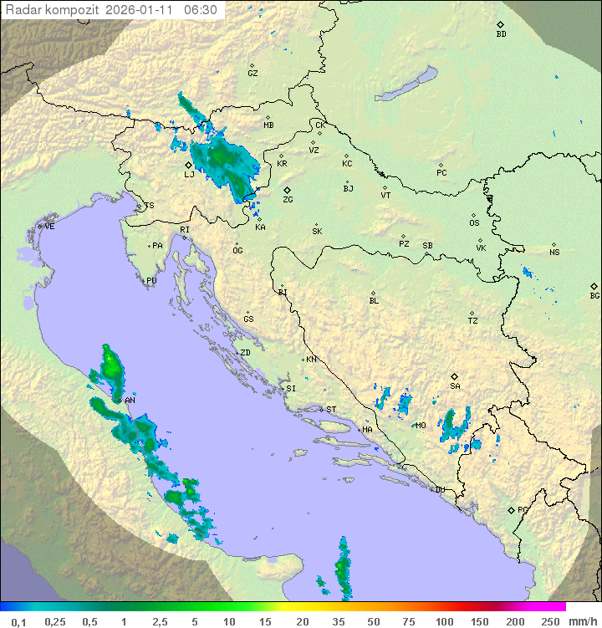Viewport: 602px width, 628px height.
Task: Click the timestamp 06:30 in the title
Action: [201, 10]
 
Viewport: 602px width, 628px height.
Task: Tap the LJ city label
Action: [189, 175]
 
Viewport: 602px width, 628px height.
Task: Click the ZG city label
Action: [288, 200]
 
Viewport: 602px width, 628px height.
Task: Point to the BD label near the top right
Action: [501, 34]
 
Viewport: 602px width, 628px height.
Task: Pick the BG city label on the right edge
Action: [594, 296]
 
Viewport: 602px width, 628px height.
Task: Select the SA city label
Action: [455, 386]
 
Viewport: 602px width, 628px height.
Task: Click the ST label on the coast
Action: [331, 410]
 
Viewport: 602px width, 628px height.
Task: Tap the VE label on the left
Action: [49, 227]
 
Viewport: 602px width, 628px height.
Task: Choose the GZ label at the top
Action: [253, 74]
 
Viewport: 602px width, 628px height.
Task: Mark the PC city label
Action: [441, 173]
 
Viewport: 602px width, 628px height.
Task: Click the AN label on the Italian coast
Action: [130, 401]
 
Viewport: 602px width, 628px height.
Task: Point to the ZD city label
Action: [245, 353]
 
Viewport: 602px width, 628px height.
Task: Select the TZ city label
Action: [473, 321]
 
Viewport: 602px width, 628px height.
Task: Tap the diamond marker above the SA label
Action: [455, 376]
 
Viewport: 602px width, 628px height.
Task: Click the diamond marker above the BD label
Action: [500, 24]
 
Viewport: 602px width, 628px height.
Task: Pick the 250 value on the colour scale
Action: [550, 621]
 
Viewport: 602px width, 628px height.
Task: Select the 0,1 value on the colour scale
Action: [18, 621]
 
